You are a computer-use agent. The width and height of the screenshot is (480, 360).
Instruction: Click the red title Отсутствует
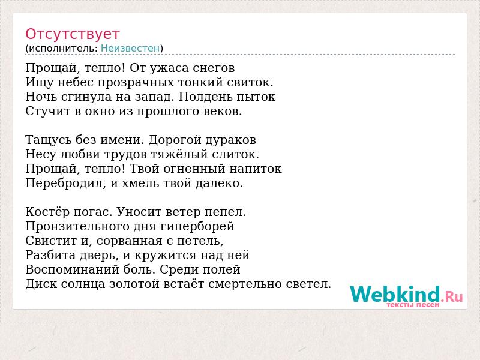tap(72, 34)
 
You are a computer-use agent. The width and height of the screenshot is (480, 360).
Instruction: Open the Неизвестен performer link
tap(130, 49)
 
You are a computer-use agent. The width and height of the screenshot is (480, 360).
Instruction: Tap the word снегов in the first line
tap(214, 68)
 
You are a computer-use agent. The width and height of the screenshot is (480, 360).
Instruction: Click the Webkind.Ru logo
tap(406, 295)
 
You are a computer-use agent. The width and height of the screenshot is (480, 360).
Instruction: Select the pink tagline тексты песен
tap(413, 305)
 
